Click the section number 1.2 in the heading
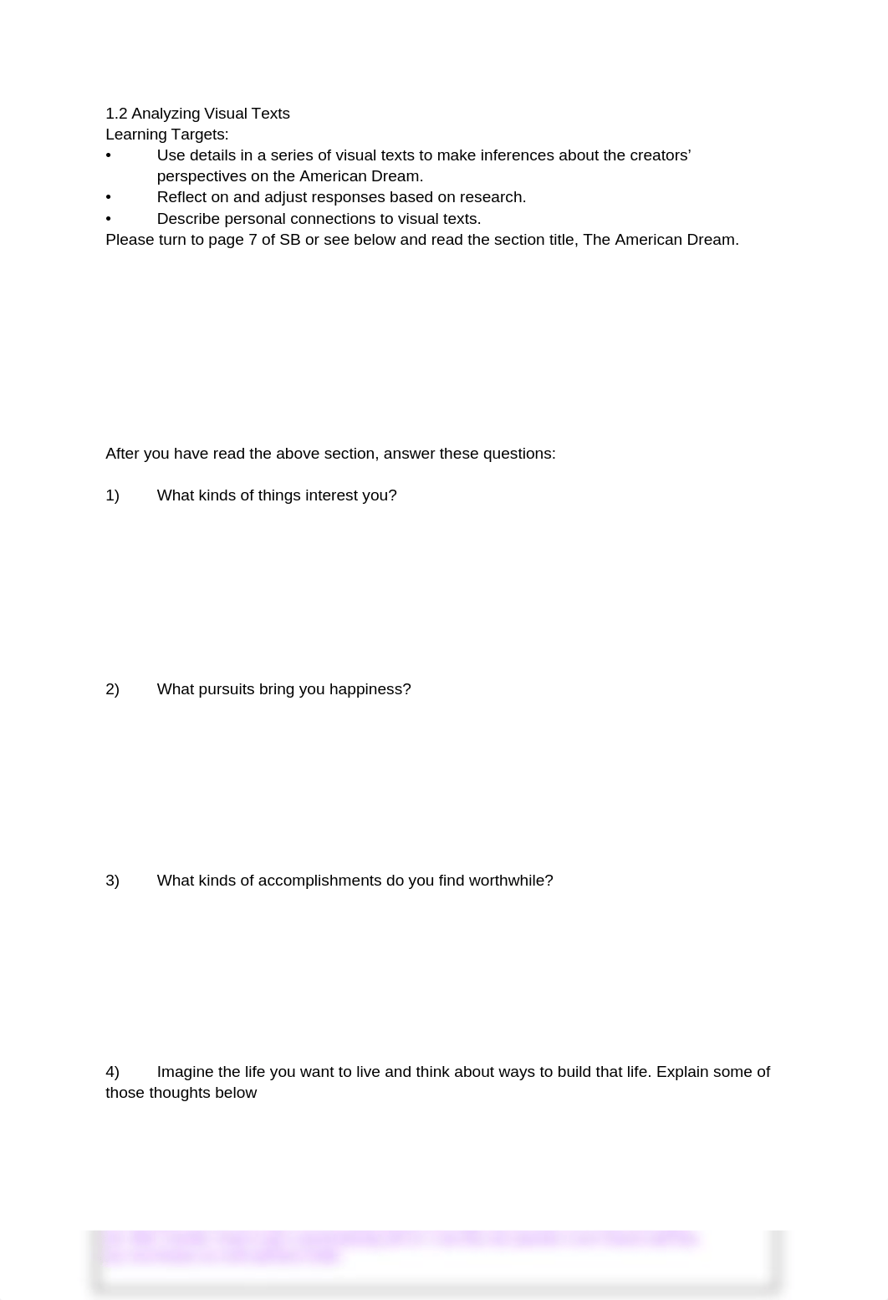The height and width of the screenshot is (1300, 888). point(116,114)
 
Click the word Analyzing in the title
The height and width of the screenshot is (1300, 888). point(165,114)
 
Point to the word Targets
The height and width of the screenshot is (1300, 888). point(200,135)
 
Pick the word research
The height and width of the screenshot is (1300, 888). point(492,197)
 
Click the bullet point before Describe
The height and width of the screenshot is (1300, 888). point(109,219)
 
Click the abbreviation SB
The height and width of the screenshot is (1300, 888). point(289,240)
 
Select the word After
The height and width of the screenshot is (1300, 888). point(122,454)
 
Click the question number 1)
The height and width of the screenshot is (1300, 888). point(113,495)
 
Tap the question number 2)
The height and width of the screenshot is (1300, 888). point(113,689)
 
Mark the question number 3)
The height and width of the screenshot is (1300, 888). point(113,881)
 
